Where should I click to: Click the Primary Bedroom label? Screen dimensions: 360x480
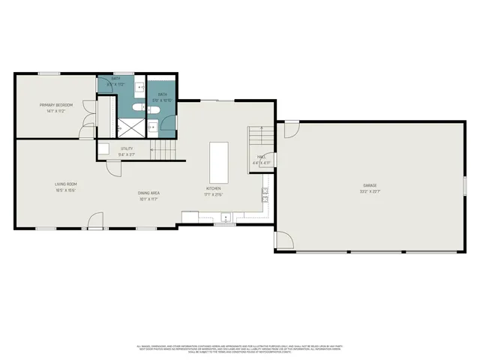click(56, 104)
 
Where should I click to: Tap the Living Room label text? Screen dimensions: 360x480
click(66, 184)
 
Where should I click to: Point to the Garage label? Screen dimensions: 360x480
click(370, 185)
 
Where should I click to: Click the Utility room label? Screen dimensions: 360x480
click(126, 148)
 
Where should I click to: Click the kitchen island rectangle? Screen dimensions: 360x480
click(218, 159)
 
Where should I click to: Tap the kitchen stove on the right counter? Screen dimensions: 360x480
click(265, 195)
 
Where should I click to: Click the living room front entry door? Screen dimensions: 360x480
click(95, 221)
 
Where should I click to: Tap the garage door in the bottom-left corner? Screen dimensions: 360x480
click(284, 241)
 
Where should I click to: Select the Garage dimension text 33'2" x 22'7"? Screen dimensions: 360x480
click(370, 192)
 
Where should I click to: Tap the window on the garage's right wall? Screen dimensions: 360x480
click(465, 184)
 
